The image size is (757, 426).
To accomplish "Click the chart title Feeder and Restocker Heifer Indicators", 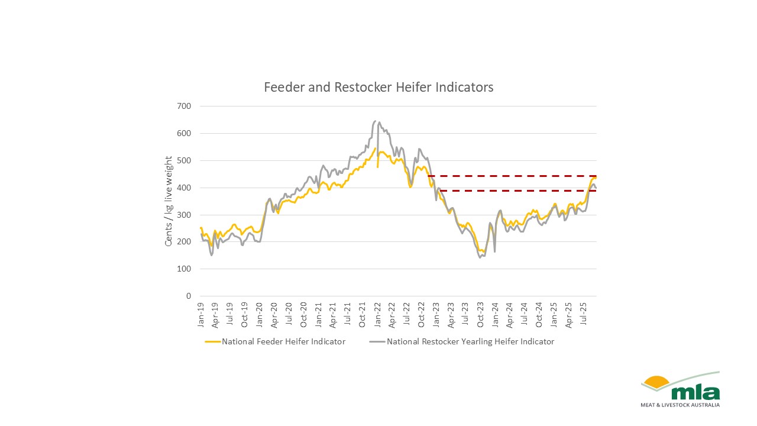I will (x=378, y=88).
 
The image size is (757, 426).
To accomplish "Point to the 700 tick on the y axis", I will (x=184, y=106).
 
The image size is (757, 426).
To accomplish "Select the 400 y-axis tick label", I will (x=184, y=188).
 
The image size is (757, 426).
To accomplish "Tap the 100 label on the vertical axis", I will (x=184, y=269).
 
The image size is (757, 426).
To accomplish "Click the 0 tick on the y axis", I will (x=189, y=296).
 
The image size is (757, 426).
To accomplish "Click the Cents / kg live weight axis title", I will (x=169, y=201).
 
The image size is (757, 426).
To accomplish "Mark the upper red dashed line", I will (x=512, y=176).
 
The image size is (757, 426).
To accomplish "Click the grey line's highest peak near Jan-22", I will (x=376, y=121).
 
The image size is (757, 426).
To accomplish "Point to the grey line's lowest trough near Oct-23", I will (x=480, y=257).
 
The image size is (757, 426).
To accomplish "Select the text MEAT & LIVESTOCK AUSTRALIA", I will (x=680, y=405).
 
